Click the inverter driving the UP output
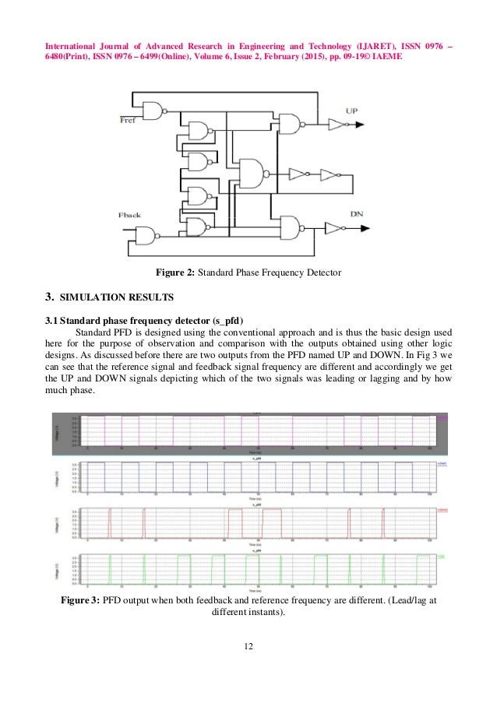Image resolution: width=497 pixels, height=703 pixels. [334, 124]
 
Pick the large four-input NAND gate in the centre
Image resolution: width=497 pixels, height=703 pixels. [252, 173]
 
